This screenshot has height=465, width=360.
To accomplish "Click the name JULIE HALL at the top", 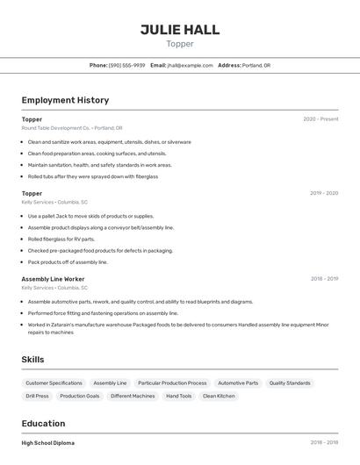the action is tap(180, 30).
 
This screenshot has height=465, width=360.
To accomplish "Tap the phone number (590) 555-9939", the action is tap(126, 65).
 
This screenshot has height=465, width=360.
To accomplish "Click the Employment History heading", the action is tap(65, 100).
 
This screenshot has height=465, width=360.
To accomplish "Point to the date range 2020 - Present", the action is tap(320, 119).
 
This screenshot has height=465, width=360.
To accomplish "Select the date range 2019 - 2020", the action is tap(324, 193).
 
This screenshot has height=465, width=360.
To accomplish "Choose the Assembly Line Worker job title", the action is tap(53, 279).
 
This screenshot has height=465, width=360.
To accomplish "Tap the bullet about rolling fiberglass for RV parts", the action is tap(61, 239).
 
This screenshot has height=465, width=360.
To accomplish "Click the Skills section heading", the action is tap(32, 360).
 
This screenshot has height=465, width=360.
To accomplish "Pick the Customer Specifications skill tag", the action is tap(54, 383).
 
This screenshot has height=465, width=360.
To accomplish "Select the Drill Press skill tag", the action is tap(37, 396).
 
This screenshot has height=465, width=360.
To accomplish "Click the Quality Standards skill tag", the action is tap(290, 383).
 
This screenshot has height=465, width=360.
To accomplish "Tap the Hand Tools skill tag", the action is tap(178, 396).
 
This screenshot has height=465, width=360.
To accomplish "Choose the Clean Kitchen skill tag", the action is tap(219, 396).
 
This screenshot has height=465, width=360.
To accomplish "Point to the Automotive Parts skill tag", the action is tap(238, 383).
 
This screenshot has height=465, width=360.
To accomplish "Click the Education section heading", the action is tap(44, 424).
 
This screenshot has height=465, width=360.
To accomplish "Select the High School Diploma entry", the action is tap(48, 443).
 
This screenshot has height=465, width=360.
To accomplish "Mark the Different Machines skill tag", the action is tap(133, 396).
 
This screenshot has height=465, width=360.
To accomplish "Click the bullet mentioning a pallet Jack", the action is tap(90, 216).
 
